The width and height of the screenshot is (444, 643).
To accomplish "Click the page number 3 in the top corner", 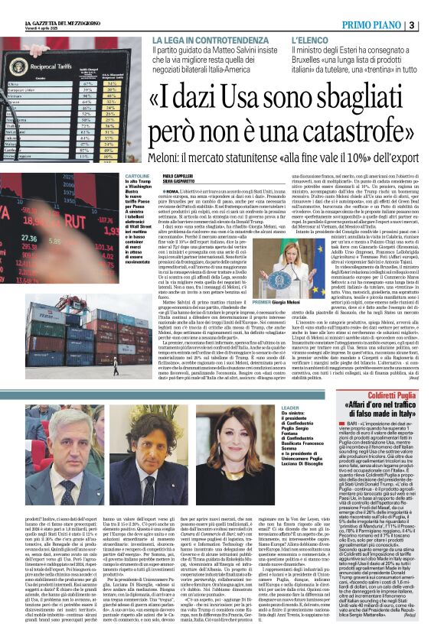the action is coord(434,24).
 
